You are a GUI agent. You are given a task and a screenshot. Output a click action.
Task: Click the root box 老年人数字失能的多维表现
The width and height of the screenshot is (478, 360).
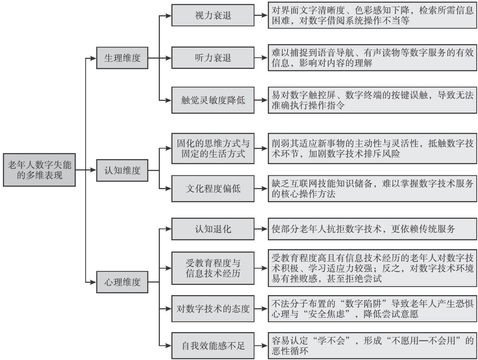pos(39,170)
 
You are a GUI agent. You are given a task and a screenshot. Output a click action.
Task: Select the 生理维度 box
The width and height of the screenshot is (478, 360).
pos(122,58)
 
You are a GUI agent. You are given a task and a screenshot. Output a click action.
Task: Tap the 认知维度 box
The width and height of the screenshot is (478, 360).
pos(122,170)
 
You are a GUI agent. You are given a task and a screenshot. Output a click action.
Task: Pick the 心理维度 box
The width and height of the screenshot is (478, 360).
pos(122,282)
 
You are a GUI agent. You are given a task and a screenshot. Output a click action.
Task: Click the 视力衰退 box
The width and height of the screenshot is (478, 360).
pos(213,16)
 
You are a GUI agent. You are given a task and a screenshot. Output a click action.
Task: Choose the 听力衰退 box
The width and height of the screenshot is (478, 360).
pos(213,58)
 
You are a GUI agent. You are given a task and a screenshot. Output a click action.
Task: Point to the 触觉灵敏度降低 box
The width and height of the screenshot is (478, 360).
pos(213,100)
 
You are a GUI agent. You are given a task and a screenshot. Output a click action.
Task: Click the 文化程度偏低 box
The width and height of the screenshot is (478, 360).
pos(213,188)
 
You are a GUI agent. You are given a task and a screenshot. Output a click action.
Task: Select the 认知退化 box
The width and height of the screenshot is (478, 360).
pos(213,229)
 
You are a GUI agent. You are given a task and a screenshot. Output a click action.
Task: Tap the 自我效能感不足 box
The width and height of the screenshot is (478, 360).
pos(213,346)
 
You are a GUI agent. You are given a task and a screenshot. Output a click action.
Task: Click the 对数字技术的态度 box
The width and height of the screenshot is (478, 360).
pos(213,309)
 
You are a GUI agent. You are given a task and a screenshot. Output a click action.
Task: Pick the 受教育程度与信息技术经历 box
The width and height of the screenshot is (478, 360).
pos(213,268)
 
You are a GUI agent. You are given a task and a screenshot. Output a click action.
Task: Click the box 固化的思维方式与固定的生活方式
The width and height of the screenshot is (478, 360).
pos(213,149)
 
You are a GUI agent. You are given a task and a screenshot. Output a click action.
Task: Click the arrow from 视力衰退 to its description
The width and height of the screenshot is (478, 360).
pos(261,16)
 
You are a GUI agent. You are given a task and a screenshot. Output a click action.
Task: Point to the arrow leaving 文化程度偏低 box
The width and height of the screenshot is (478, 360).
pos(261,188)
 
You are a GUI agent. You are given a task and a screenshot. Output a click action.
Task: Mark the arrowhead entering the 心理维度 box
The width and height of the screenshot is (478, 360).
pos(93,282)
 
